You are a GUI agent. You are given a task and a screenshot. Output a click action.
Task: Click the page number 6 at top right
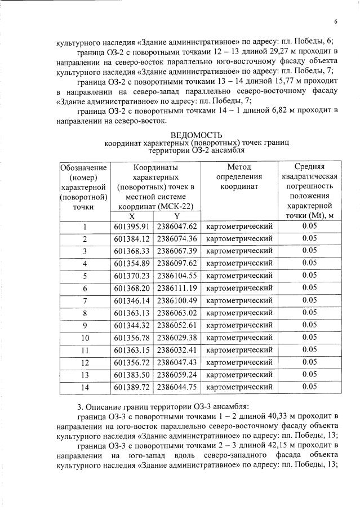(335, 22)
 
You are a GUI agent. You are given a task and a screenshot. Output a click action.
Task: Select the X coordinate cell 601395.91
(131, 227)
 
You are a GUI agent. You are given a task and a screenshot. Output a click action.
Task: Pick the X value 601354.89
(131, 263)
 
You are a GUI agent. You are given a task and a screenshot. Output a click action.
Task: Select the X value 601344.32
(131, 325)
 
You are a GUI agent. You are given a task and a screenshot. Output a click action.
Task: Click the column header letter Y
(176, 216)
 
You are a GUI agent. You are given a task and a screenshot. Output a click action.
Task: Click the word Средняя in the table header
(309, 167)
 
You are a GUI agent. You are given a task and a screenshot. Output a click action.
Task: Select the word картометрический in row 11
(239, 349)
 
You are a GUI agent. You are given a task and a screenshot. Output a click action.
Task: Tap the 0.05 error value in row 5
(309, 276)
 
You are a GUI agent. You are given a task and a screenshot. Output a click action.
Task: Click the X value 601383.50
(131, 374)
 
